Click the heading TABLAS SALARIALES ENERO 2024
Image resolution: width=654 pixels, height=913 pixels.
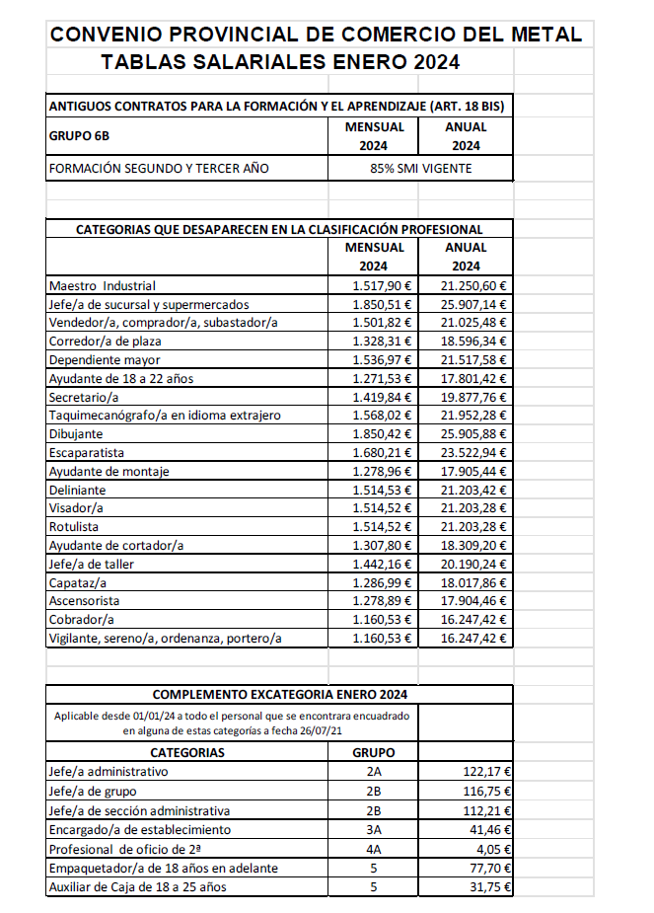point(280,63)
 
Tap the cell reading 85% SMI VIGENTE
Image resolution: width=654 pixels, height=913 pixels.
point(420,169)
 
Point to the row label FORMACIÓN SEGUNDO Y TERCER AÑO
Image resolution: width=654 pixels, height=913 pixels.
point(159,169)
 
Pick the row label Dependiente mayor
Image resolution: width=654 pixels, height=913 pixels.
point(105,360)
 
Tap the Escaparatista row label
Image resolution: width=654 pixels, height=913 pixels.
point(87,453)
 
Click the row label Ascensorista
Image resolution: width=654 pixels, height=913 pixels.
point(84,601)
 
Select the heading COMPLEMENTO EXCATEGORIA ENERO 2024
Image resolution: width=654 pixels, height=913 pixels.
point(280,694)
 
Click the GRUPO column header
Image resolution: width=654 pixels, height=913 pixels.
point(374,753)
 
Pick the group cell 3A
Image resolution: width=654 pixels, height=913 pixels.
point(374,830)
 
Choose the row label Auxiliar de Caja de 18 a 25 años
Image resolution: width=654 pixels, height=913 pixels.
point(137,887)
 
